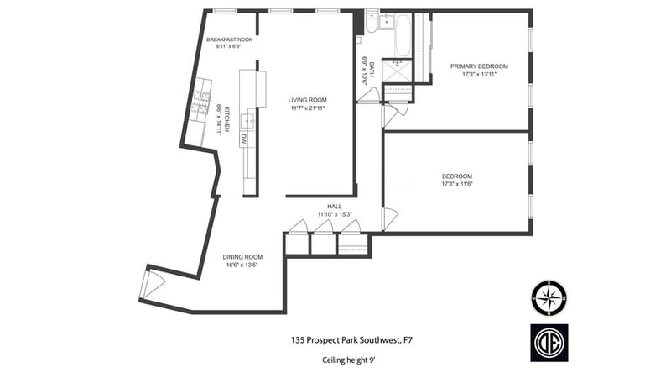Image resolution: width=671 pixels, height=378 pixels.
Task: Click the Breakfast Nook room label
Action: [x=229, y=39]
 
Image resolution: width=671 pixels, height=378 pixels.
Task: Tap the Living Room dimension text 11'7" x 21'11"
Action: [x=308, y=108]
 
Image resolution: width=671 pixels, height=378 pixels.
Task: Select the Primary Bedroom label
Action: [x=479, y=66]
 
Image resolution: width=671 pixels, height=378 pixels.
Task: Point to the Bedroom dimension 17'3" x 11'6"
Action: [x=457, y=184]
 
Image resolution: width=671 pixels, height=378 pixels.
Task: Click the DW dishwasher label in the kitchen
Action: [x=243, y=139]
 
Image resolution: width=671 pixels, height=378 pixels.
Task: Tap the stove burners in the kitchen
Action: [x=201, y=102]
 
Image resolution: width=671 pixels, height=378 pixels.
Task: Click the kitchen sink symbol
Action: [x=248, y=122]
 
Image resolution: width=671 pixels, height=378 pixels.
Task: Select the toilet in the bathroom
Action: [x=371, y=24]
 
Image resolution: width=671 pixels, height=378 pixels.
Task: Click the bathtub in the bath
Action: [x=402, y=35]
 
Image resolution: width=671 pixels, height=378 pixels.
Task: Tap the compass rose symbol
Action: [x=549, y=297]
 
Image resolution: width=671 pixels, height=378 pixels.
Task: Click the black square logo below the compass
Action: [x=549, y=343]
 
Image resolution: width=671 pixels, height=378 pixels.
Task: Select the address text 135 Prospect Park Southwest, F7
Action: [x=351, y=340]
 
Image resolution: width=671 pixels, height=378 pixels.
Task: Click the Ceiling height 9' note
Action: [x=349, y=360]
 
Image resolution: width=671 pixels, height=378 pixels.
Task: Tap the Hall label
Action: [x=335, y=206]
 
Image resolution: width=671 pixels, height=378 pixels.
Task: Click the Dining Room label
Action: [x=242, y=257]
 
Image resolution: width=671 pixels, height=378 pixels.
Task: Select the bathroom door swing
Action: [x=368, y=95]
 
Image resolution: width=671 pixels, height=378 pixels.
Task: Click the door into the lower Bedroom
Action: [x=390, y=218]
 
